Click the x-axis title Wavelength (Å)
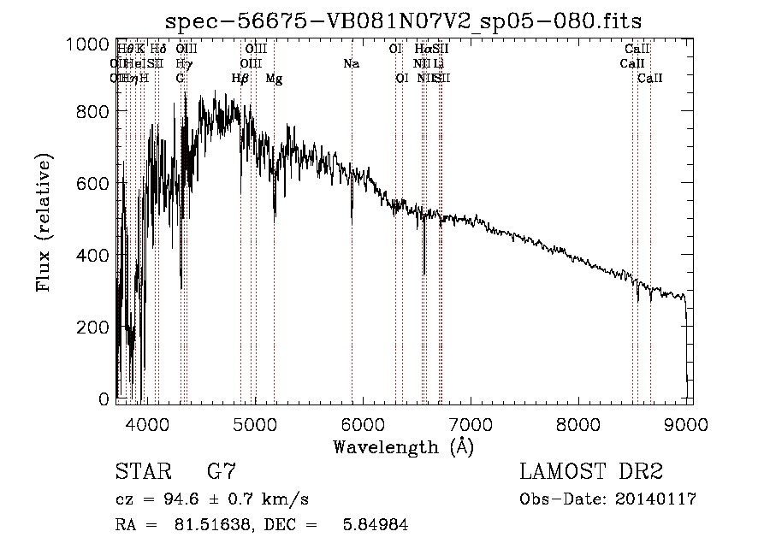[x=403, y=446]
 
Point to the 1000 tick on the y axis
[x=87, y=43]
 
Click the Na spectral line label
[x=351, y=63]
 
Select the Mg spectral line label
[x=274, y=78]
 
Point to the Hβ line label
[x=240, y=78]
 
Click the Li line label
[x=438, y=63]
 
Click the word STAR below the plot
[x=141, y=472]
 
